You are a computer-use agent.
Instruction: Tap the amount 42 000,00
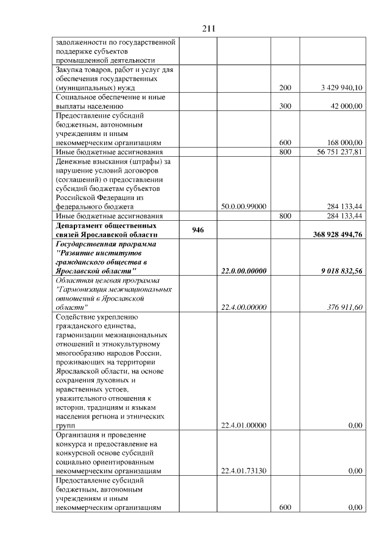(x=349, y=106)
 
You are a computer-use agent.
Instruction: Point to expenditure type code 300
(x=285, y=106)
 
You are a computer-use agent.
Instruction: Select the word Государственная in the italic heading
(x=87, y=243)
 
